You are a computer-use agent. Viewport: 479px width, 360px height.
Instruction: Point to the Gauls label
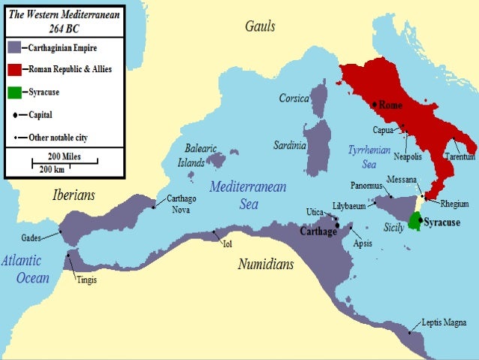click(x=260, y=27)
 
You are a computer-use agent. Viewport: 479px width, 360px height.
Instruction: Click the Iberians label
click(x=74, y=195)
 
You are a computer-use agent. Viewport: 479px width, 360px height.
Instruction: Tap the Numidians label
click(x=266, y=265)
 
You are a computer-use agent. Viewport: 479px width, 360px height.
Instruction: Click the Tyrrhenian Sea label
click(x=365, y=156)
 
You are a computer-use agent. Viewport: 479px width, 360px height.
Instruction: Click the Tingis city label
click(x=86, y=280)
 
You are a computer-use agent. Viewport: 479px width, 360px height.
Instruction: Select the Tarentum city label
click(x=459, y=156)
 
